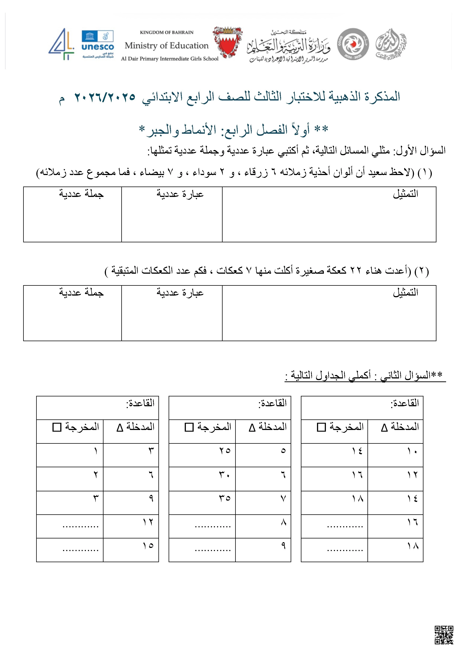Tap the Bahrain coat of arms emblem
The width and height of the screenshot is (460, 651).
227,42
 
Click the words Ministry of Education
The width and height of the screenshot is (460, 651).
167,46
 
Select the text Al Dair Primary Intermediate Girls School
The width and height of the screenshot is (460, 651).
170,59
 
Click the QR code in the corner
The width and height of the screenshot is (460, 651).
444,635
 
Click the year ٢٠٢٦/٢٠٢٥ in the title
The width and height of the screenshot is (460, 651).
105,97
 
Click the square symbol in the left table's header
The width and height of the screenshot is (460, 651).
57,427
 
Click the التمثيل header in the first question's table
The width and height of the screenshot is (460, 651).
405,194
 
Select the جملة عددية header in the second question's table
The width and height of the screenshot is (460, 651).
81,292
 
